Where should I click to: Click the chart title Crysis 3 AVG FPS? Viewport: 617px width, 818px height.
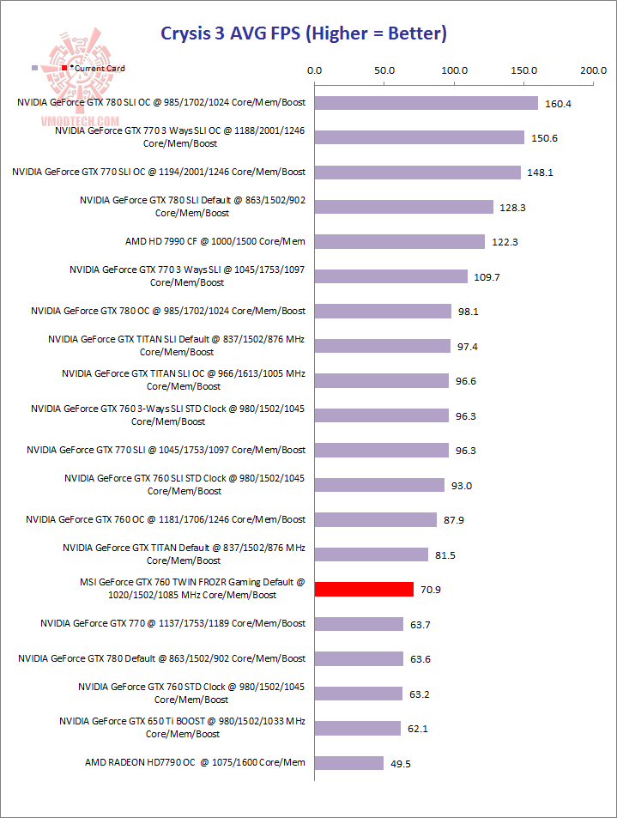click(x=304, y=34)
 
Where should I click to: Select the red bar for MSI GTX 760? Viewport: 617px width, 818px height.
click(x=364, y=589)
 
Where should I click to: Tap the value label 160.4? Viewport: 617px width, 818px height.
click(x=558, y=103)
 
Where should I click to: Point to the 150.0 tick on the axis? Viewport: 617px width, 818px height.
click(x=523, y=70)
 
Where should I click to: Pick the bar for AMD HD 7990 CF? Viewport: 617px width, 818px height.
click(x=400, y=242)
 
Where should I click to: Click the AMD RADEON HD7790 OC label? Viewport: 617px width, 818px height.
click(x=195, y=762)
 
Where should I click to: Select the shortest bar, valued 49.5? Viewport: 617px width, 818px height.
click(x=349, y=762)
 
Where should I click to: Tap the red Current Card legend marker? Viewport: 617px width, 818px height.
click(x=64, y=67)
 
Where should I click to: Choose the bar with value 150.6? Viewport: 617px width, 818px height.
click(x=420, y=137)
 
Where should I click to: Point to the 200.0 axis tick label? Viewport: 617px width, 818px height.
click(x=592, y=70)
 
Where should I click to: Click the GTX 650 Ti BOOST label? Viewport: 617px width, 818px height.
click(x=183, y=727)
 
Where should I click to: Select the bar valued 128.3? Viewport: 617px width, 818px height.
click(x=404, y=207)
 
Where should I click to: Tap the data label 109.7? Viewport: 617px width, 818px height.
click(x=486, y=276)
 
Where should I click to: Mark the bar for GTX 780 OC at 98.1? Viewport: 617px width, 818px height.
click(x=383, y=311)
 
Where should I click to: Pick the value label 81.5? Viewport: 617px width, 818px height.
click(x=445, y=554)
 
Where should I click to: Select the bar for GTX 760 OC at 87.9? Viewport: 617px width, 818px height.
click(x=376, y=519)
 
